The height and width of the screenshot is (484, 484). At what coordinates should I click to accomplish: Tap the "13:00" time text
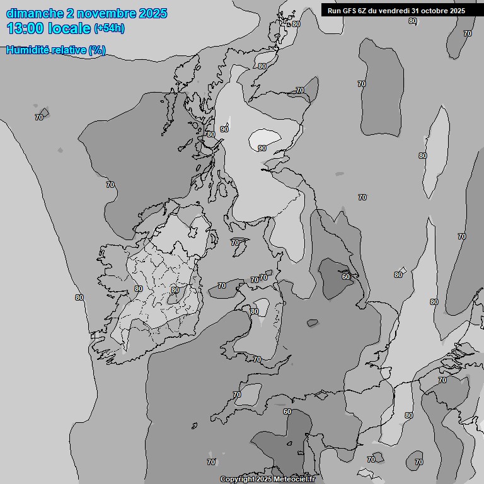pos(25,28)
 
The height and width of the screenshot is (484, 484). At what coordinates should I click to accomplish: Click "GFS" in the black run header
pos(350,10)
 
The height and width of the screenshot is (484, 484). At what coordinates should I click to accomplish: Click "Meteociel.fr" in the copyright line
pos(294,480)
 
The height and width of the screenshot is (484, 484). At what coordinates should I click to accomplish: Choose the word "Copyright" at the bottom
pos(236,480)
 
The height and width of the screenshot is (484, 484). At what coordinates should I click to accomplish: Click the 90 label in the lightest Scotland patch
pos(262,148)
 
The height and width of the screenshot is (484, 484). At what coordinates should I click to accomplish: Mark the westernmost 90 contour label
pos(224,129)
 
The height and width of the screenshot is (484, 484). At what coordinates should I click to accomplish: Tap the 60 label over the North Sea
pos(345,276)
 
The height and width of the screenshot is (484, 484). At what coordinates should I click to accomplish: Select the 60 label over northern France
pos(287,412)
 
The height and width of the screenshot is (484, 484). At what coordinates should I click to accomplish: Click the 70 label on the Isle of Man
pos(235,243)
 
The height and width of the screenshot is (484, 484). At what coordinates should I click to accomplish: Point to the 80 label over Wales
pos(254,311)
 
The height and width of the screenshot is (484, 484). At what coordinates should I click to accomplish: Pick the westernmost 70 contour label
pos(39,117)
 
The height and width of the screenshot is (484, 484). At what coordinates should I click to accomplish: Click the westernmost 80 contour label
pos(79,297)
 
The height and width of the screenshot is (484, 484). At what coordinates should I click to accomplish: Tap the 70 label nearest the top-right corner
pos(468,33)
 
